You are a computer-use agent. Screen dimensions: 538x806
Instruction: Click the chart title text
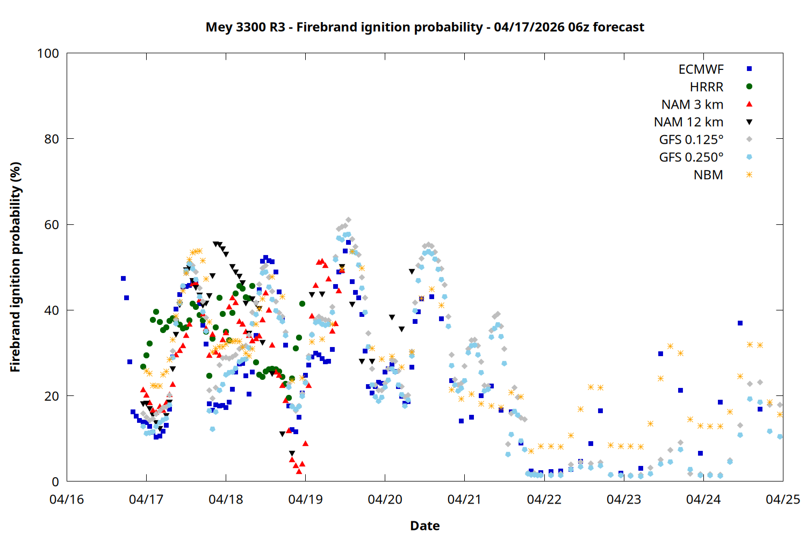[x=424, y=27]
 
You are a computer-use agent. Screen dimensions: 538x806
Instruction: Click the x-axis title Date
[x=424, y=526]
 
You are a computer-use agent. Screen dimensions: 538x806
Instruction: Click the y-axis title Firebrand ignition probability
[x=15, y=267]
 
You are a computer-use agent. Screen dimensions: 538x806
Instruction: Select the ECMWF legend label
[x=701, y=69]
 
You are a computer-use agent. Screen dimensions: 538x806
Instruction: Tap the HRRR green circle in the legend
[x=749, y=87]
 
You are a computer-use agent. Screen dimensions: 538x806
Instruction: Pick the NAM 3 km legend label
[x=692, y=104]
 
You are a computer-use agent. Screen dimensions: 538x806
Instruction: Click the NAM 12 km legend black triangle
[x=749, y=122]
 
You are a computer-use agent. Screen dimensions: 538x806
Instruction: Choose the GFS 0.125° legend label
[x=691, y=140]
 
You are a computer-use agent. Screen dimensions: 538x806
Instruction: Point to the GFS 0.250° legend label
[x=691, y=157]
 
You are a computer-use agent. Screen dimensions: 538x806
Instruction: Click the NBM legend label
[x=708, y=175]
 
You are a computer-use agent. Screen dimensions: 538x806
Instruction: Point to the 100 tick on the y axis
[x=48, y=53]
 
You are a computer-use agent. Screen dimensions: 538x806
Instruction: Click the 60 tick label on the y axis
[x=52, y=225]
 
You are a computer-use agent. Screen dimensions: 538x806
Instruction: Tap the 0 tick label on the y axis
[x=55, y=482]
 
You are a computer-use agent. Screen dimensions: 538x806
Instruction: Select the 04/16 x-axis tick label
[x=67, y=499]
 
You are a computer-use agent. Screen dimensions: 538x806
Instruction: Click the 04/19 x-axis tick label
[x=305, y=499]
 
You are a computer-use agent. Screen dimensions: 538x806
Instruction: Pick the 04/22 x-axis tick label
[x=544, y=499]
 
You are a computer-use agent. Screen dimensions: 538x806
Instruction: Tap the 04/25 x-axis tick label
[x=782, y=499]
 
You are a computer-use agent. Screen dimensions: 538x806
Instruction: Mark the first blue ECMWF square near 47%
[x=123, y=278]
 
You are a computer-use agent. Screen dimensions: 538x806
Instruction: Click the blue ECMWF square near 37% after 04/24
[x=740, y=323]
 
